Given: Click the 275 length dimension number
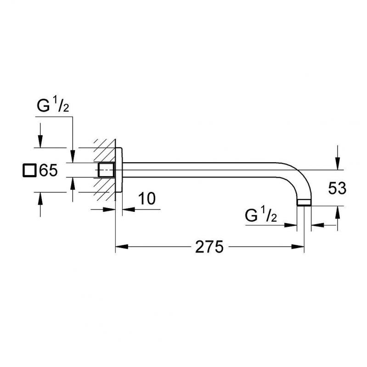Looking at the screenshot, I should (x=209, y=247).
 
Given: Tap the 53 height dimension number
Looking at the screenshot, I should (x=337, y=188).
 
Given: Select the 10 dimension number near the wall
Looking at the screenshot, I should (x=147, y=198).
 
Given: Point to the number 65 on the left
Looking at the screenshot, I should (x=48, y=171).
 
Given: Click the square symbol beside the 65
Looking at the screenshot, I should (x=29, y=171).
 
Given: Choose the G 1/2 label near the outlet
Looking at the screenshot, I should (x=260, y=215).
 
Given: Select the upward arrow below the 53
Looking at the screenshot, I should (x=338, y=212).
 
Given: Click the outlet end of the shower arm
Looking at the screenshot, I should (x=304, y=202).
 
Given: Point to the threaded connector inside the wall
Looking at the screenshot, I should (x=106, y=170).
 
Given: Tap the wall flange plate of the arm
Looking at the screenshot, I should (x=119, y=170).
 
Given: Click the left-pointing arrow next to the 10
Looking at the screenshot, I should (x=128, y=209).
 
